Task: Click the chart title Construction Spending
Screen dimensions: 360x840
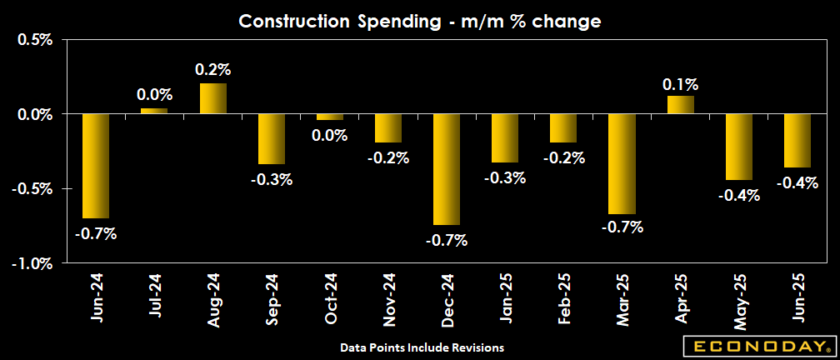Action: tap(419, 21)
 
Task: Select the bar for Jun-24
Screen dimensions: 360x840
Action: tap(96, 166)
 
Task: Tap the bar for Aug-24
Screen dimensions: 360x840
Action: tap(212, 98)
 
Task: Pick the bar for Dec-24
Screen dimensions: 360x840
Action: tap(446, 169)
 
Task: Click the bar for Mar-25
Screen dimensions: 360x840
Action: tap(622, 163)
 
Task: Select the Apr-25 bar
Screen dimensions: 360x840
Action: tap(680, 104)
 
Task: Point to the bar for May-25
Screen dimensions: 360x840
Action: tap(738, 147)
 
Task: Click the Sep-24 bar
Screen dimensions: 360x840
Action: tap(271, 139)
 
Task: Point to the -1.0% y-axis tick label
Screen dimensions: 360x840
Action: tap(33, 263)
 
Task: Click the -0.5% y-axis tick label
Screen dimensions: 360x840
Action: tap(33, 189)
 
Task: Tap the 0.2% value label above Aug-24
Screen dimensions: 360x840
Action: tap(212, 69)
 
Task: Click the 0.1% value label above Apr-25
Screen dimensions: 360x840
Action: tap(680, 84)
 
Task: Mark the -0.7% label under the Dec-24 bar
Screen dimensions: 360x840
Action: tap(447, 241)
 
